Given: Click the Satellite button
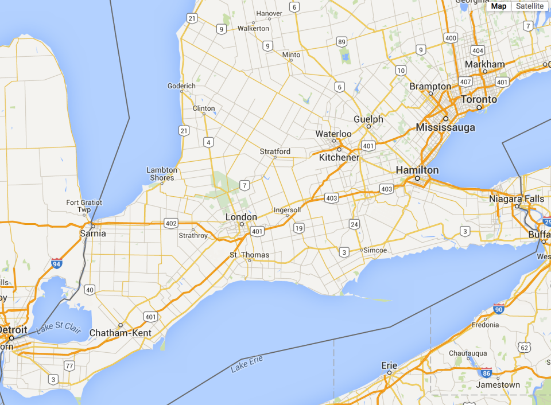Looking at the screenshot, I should (x=529, y=6).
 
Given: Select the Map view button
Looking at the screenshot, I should (x=499, y=6).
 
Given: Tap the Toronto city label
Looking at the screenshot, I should (x=479, y=99).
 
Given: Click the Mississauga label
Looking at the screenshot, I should (x=445, y=127).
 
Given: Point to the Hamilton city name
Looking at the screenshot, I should (x=417, y=170).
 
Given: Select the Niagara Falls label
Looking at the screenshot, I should (x=517, y=198).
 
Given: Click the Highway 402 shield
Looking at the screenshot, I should (x=170, y=223).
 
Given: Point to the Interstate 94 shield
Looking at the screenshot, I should (x=56, y=263).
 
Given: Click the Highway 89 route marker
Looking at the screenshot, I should (x=342, y=42).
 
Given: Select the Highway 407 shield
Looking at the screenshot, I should (x=465, y=82).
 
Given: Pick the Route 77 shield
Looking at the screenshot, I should (x=69, y=366).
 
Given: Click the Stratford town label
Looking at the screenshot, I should (x=275, y=152).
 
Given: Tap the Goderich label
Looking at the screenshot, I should (x=181, y=86).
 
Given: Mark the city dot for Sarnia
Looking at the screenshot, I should (x=92, y=224).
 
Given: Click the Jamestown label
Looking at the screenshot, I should (x=500, y=385).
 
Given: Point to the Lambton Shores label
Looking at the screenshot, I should (x=161, y=174).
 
